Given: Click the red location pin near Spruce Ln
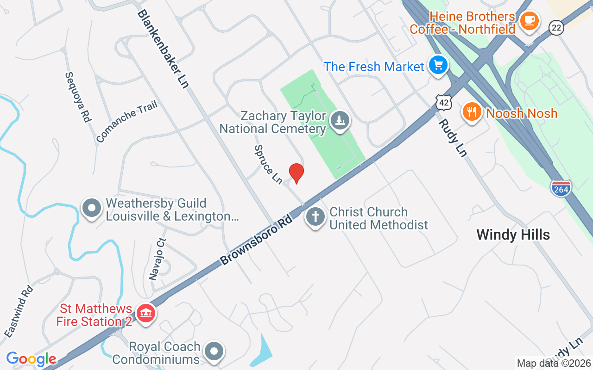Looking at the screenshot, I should (x=296, y=173).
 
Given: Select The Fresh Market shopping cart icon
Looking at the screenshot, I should (x=438, y=65).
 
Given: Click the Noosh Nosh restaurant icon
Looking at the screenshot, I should (x=472, y=112).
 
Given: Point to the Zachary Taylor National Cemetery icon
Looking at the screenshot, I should (x=341, y=121).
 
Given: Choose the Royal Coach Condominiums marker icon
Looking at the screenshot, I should (x=214, y=352).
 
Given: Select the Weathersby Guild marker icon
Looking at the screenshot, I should (x=92, y=209).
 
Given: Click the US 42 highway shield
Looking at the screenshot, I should (x=443, y=102).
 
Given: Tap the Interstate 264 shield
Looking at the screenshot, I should (x=561, y=188).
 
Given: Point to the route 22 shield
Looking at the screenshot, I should (x=556, y=28).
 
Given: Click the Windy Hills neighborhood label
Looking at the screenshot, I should (x=513, y=234).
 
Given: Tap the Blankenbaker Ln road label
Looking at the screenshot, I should (x=163, y=49).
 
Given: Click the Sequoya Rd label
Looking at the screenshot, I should (x=77, y=97).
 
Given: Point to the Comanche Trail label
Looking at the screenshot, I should (x=127, y=121).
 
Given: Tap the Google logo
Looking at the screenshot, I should (x=31, y=358).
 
